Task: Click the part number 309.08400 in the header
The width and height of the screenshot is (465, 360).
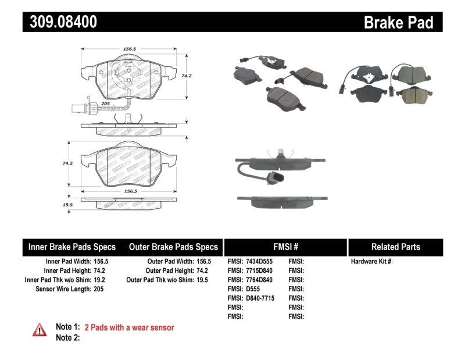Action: tap(60, 22)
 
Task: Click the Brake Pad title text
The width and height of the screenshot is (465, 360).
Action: tap(399, 23)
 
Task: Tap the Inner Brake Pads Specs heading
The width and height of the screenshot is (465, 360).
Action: tap(72, 247)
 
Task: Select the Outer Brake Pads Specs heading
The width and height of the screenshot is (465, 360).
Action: tap(174, 247)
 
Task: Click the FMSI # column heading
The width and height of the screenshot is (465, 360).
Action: tap(285, 247)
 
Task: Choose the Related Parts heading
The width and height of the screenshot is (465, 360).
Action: tap(395, 247)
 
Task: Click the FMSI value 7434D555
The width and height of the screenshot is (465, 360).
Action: tap(260, 262)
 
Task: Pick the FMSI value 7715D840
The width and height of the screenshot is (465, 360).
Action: tap(260, 271)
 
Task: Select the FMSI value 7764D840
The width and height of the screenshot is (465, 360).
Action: tap(260, 280)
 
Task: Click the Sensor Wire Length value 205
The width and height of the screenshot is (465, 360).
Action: tap(99, 289)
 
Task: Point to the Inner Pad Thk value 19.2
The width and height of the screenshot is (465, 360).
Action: tap(101, 280)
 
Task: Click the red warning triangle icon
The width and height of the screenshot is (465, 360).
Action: tap(39, 330)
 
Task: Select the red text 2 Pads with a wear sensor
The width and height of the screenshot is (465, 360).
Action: tap(129, 328)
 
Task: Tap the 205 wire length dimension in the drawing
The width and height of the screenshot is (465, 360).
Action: tap(105, 104)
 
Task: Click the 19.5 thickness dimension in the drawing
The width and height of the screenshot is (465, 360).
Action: tap(68, 205)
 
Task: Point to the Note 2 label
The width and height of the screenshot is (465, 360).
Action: tap(67, 338)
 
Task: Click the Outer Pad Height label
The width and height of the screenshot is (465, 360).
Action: tap(169, 271)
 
